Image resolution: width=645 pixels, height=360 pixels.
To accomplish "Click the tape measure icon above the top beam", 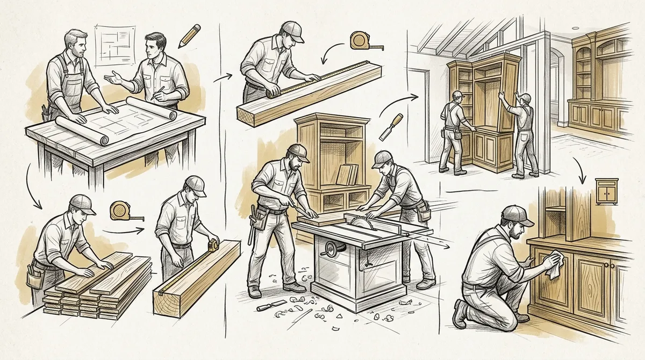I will [359, 40].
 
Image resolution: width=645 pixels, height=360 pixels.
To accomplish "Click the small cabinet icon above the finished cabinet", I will [606, 191].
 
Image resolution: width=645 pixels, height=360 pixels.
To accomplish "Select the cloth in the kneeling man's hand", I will [554, 267].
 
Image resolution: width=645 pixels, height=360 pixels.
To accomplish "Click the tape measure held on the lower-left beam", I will [213, 245].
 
